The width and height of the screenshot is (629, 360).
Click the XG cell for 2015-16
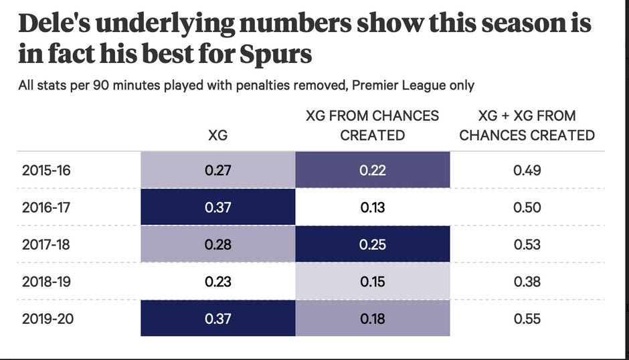click(x=217, y=170)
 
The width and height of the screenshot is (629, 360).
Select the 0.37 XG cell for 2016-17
click(x=217, y=207)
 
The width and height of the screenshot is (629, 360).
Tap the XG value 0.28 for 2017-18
click(x=217, y=244)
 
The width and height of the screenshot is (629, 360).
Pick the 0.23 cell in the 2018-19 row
click(x=217, y=282)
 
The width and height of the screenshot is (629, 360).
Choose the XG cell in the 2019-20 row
click(x=217, y=319)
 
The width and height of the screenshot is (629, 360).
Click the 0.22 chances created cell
click(x=372, y=170)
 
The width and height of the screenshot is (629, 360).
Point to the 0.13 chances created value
click(x=372, y=207)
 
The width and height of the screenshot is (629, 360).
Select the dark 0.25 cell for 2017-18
click(x=372, y=244)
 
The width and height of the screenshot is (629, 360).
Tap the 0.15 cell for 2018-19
click(x=372, y=282)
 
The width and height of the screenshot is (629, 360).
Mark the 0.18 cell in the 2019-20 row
click(x=372, y=319)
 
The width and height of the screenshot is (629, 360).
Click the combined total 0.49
click(x=527, y=170)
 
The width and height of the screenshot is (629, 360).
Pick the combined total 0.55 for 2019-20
click(x=527, y=319)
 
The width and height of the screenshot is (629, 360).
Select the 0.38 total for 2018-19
click(x=527, y=282)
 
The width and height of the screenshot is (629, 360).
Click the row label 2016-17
click(x=46, y=207)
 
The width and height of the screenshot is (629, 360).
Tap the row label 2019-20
click(x=46, y=319)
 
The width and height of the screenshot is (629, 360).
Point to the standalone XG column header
click(x=217, y=135)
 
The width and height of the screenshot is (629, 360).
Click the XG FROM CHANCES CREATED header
click(x=372, y=125)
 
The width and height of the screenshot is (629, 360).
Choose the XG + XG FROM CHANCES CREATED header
click(x=527, y=125)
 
